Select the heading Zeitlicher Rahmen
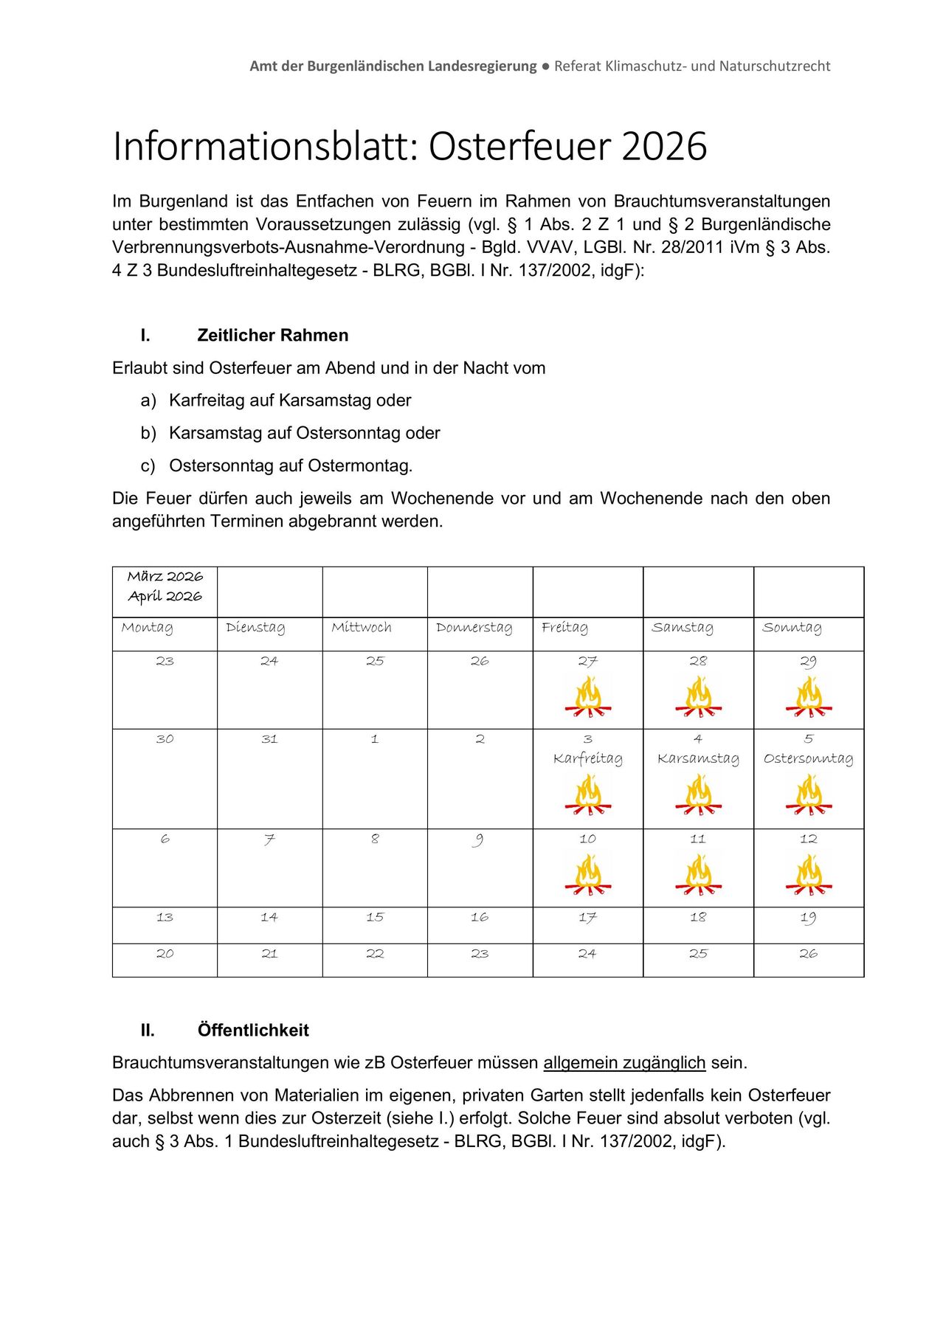point(272,336)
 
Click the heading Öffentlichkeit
point(253,1031)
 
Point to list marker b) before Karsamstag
point(148,433)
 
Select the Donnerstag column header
point(474,628)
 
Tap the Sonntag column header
point(792,628)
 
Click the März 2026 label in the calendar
point(165,577)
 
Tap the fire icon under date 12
point(809,875)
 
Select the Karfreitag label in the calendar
point(588,759)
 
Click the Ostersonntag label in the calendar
point(809,759)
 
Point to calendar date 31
point(269,739)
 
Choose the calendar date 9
point(480,839)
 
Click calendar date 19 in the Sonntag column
point(809,918)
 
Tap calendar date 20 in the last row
point(165,954)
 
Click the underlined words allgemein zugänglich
point(624,1063)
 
